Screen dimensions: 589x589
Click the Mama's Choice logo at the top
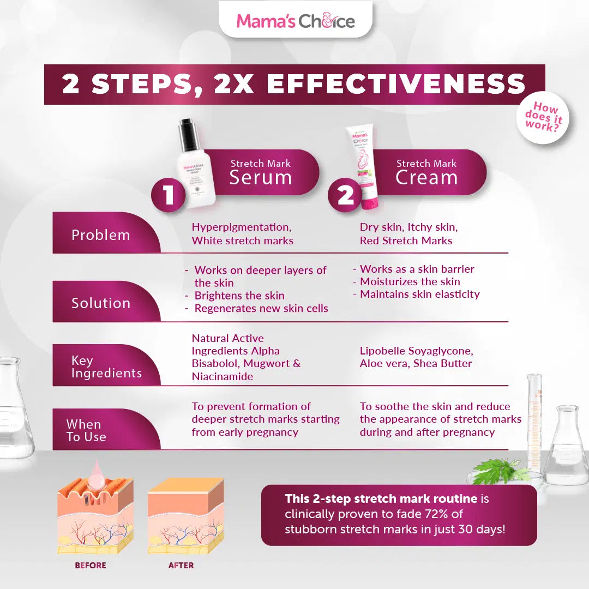point(295,21)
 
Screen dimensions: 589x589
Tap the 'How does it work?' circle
point(543,117)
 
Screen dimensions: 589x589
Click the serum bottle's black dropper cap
point(189,135)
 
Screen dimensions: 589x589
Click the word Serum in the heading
point(260,178)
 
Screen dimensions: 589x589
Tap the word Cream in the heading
point(426,178)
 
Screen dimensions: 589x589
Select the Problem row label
point(101,235)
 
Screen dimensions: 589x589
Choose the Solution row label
point(101,303)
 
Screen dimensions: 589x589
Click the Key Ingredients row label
point(106,367)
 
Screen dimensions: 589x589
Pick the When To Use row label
point(86,430)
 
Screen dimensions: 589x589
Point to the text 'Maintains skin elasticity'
point(419,294)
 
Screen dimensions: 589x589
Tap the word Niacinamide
point(223,376)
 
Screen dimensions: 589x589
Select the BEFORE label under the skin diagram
point(91,566)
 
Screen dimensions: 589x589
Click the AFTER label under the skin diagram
point(181,566)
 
